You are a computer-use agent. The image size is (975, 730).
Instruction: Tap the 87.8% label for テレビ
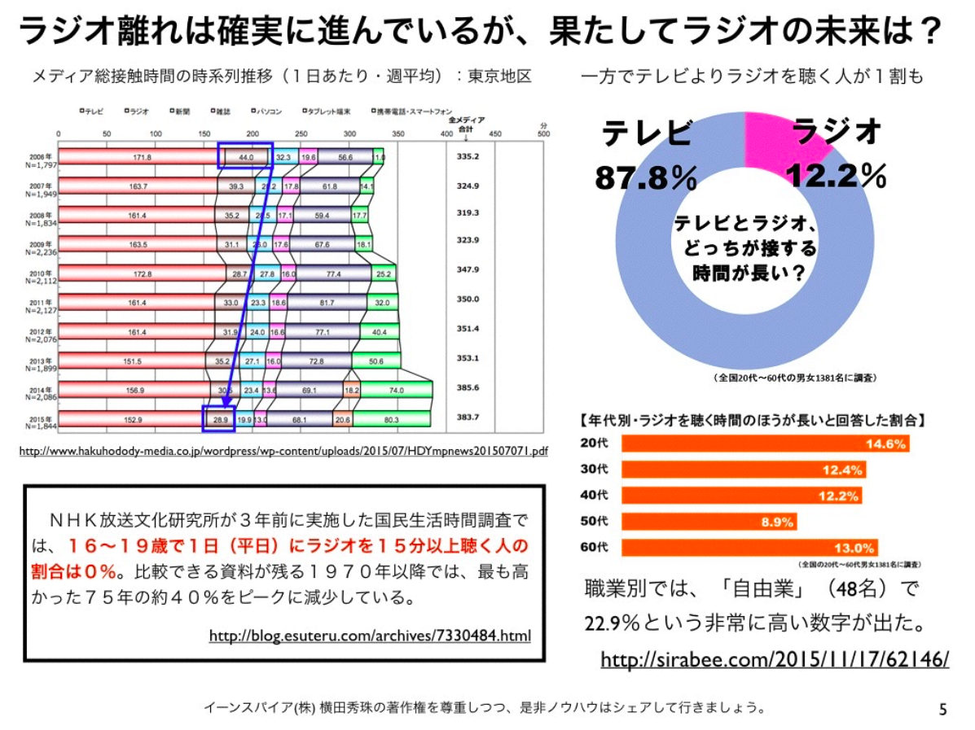tap(645, 177)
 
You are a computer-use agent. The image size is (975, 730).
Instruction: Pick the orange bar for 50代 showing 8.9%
tap(709, 522)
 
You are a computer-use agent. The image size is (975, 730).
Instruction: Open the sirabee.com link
tap(775, 658)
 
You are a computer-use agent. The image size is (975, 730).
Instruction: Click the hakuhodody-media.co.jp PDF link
tap(283, 450)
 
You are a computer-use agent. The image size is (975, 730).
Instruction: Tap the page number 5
tap(943, 709)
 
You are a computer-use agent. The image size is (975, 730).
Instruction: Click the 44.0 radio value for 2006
tap(246, 156)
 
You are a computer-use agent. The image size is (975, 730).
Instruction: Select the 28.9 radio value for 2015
tap(219, 419)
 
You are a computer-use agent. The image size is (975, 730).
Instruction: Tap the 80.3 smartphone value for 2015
tap(391, 419)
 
